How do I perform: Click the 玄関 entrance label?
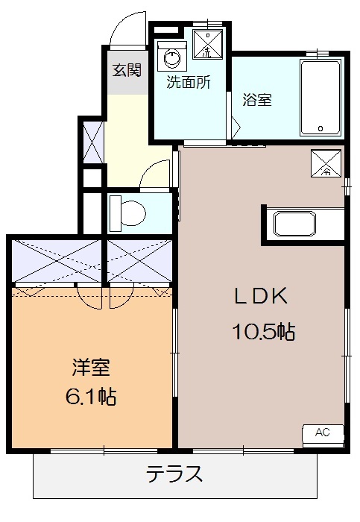(127, 71)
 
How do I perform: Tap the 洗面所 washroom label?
(188, 83)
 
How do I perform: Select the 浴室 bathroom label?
(257, 99)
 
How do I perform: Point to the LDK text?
(262, 297)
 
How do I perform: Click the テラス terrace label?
(174, 474)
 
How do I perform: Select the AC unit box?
(322, 433)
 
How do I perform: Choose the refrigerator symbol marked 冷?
(326, 163)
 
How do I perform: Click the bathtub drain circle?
(320, 128)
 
